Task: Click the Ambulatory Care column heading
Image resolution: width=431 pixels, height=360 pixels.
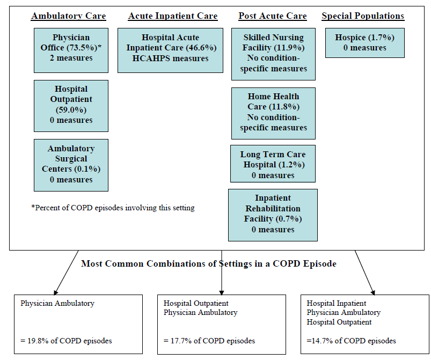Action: pos(68,16)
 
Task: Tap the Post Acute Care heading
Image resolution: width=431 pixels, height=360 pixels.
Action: pos(273,16)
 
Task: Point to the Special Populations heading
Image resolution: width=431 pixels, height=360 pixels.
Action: pos(363,16)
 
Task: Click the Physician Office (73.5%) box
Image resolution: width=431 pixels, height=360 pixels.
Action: pos(71,48)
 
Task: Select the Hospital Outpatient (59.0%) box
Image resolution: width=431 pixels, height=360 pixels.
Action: pos(71,105)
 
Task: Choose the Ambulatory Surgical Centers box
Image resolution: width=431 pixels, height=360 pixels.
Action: pos(71,165)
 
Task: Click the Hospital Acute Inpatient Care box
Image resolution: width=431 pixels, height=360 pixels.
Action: pos(170,50)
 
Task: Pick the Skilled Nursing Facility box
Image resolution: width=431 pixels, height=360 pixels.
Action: pos(273,54)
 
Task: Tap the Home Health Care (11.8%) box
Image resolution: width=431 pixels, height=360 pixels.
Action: pos(273,113)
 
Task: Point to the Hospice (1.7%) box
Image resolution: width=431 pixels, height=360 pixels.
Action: pos(364,43)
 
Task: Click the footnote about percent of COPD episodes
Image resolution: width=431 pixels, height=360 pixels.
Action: pos(113,208)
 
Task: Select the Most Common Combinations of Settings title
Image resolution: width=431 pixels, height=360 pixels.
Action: pos(208,264)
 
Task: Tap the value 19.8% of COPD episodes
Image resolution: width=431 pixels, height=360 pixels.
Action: pos(66,341)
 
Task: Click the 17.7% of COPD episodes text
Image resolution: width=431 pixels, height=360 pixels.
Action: pos(209,341)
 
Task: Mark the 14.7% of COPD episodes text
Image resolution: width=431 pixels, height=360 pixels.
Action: pos(352,341)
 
